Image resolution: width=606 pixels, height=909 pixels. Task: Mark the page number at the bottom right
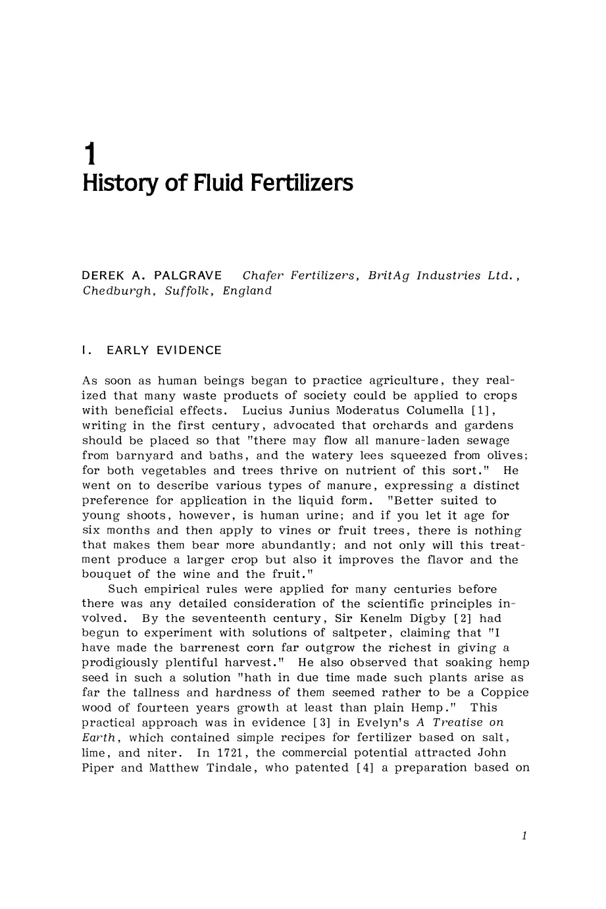pyautogui.click(x=524, y=836)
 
